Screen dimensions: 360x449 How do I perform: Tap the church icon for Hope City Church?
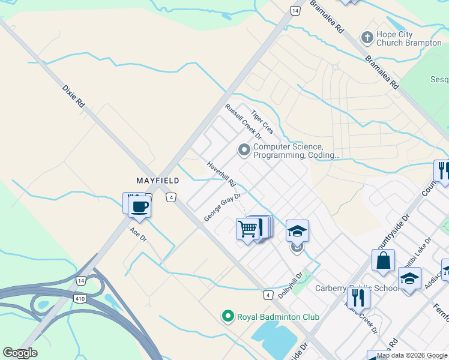click(367, 38)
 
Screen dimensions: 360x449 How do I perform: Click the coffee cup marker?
click(140, 207)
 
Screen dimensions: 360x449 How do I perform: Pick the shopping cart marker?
click(247, 229)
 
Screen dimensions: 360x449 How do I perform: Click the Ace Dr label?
click(138, 234)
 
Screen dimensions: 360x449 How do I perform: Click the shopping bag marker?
click(383, 262)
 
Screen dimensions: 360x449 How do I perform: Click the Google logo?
click(20, 353)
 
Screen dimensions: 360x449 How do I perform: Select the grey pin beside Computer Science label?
click(244, 150)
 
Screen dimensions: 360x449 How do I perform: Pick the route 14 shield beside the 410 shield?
click(80, 280)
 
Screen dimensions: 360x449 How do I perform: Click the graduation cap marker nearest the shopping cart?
click(297, 230)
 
